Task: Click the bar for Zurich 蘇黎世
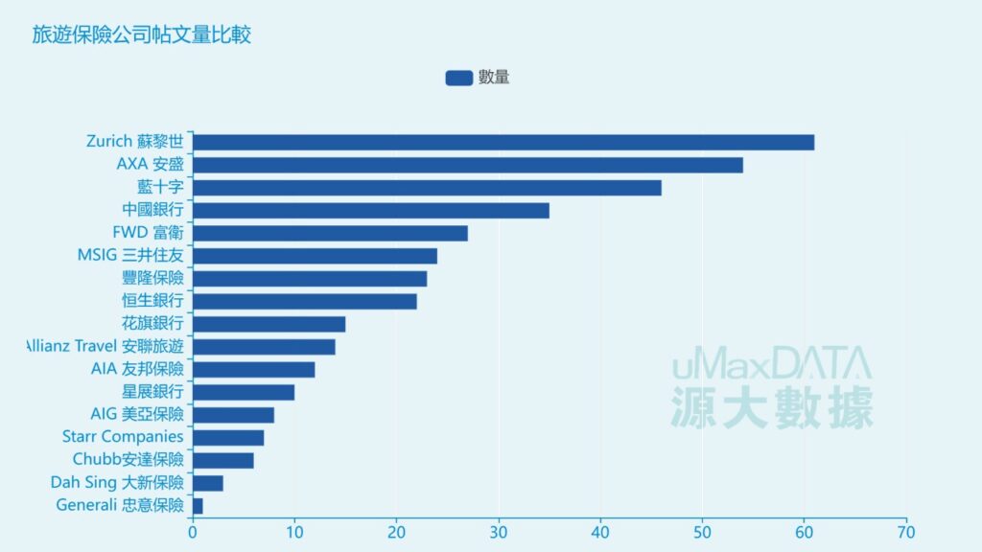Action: point(503,143)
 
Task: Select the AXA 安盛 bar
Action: point(468,165)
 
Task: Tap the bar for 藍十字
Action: point(427,188)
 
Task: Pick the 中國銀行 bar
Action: point(371,211)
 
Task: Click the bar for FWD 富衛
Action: point(330,233)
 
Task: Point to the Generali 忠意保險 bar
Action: point(198,506)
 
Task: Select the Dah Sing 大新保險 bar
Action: point(208,483)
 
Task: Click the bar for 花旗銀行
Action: point(269,324)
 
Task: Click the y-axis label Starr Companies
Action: point(122,437)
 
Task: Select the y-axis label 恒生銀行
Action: point(152,301)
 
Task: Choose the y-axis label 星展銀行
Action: point(152,392)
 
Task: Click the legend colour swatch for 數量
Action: point(458,78)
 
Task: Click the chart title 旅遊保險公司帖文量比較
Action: point(142,35)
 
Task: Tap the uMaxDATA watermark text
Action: point(771,365)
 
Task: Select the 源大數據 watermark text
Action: point(772,406)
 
